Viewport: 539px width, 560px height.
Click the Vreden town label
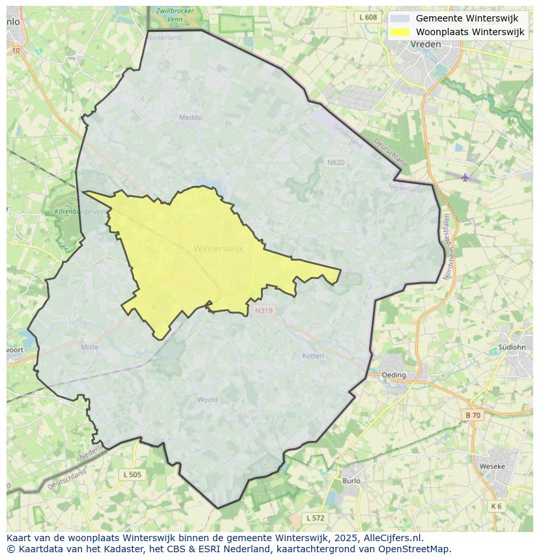(426, 44)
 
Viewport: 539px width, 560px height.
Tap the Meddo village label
(191, 118)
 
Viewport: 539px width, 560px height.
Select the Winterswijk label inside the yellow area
(218, 248)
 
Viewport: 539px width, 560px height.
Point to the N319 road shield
(264, 310)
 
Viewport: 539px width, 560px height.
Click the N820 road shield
(336, 162)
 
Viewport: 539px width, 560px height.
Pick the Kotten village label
(313, 356)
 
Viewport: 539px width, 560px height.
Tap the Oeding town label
(394, 375)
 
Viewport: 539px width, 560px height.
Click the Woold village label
(208, 400)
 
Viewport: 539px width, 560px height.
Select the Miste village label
(90, 347)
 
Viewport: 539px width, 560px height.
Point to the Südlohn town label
(511, 347)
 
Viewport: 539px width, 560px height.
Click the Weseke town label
(492, 466)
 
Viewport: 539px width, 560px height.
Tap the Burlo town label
(351, 481)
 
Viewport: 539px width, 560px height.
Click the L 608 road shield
(368, 18)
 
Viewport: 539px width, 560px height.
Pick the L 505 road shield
(132, 475)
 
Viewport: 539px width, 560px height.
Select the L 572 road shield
(315, 518)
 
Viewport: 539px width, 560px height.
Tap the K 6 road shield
(497, 506)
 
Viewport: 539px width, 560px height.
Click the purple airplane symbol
(465, 177)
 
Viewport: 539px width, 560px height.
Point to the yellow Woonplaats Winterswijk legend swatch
(400, 32)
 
